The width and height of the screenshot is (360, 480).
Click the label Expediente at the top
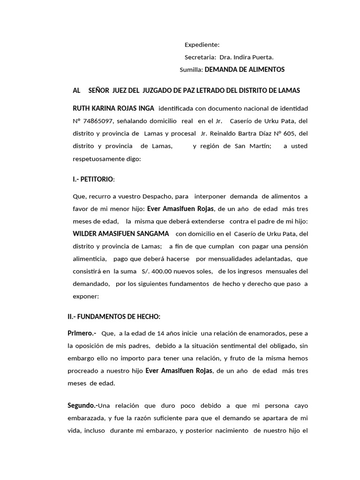click(202, 45)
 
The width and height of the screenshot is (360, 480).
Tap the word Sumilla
click(191, 69)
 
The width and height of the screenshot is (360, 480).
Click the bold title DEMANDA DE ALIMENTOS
click(245, 69)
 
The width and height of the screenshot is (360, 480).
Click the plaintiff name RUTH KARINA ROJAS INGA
click(110, 108)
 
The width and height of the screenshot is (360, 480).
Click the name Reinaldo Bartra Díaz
click(238, 134)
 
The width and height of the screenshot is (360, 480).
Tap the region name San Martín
click(255, 146)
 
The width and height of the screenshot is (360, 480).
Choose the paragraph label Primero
click(81, 333)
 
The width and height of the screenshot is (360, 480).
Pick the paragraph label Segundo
click(83, 405)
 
